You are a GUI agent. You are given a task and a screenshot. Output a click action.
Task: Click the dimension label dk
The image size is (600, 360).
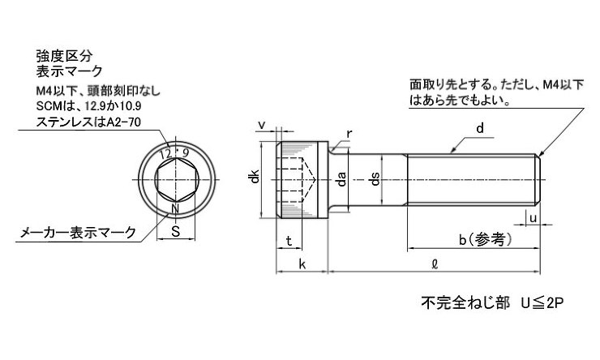click(255, 177)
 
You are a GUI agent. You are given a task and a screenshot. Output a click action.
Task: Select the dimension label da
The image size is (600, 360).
click(341, 179)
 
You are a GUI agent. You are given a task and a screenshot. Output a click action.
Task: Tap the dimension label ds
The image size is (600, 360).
click(375, 179)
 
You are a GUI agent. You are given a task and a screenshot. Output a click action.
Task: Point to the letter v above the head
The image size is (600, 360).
click(262, 125)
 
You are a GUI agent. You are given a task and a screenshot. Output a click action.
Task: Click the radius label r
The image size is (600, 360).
click(349, 135)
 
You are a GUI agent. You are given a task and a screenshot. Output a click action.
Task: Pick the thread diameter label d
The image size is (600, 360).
click(480, 128)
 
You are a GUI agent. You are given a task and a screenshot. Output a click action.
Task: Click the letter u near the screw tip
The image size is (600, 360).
click(533, 218)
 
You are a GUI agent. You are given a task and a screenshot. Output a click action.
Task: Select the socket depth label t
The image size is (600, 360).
click(289, 241)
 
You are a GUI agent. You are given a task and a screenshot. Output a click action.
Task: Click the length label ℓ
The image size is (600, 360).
click(435, 264)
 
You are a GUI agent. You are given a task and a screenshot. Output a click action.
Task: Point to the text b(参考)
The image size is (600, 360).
click(485, 240)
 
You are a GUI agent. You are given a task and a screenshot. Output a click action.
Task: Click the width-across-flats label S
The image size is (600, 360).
click(176, 231)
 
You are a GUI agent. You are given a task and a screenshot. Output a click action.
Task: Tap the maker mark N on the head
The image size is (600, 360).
click(175, 209)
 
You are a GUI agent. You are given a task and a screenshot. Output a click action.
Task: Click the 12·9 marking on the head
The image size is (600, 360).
click(174, 154)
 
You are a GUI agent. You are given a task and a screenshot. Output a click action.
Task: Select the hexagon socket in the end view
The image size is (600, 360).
click(176, 180)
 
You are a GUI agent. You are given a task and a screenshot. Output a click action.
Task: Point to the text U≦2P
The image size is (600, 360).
click(542, 302)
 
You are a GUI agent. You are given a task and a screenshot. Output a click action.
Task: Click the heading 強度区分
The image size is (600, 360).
click(64, 56)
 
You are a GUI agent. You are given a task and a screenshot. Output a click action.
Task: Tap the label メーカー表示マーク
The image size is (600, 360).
click(78, 232)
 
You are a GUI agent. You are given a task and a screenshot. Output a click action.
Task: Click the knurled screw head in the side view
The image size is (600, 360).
click(302, 180)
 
